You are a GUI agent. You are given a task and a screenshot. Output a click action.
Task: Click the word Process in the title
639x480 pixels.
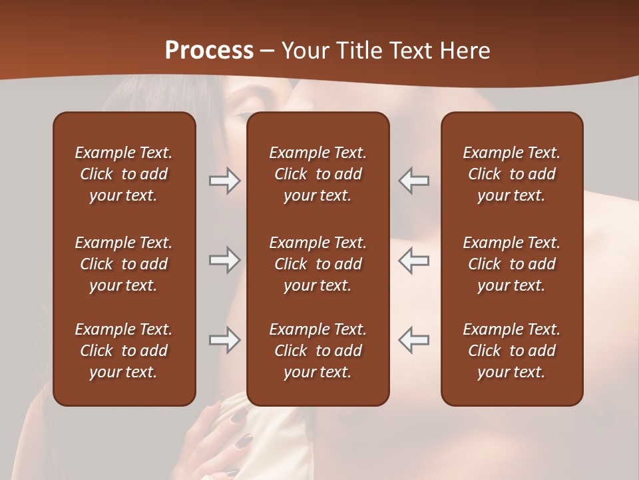click(x=209, y=51)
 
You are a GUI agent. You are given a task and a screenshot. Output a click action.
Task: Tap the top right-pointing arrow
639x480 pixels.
click(x=224, y=181)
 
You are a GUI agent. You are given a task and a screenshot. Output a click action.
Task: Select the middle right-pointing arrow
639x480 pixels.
click(x=224, y=260)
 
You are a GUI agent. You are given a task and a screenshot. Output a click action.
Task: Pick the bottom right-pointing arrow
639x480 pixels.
click(x=224, y=339)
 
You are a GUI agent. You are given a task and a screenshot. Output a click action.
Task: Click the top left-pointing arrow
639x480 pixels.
click(x=414, y=181)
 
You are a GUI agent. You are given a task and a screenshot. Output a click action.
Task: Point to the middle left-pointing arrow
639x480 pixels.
click(x=414, y=260)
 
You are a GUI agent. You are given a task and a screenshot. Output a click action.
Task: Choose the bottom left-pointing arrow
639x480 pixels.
click(x=414, y=339)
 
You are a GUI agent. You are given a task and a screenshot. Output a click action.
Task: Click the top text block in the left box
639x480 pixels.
click(x=124, y=174)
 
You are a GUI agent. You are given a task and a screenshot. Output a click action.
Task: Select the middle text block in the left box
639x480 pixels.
click(x=124, y=264)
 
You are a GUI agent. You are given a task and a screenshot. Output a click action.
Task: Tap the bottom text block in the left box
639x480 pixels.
click(x=124, y=351)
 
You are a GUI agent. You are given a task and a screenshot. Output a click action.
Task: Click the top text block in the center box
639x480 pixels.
click(x=318, y=174)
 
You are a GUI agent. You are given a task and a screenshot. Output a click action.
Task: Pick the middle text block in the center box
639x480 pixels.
click(x=318, y=264)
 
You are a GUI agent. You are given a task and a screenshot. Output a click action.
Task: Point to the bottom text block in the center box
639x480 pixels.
click(x=318, y=351)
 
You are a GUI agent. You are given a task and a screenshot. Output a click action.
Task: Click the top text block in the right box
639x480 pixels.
click(x=511, y=174)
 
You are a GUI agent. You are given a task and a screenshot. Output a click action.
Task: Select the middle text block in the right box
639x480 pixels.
click(x=511, y=264)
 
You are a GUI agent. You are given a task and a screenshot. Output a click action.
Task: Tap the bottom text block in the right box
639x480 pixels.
click(x=511, y=351)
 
